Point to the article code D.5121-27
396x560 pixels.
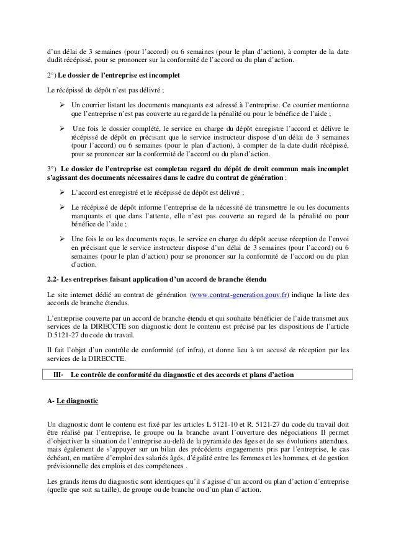click(x=66, y=336)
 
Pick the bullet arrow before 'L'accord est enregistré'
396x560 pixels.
click(x=62, y=192)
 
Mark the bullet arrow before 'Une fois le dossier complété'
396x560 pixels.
click(x=62, y=128)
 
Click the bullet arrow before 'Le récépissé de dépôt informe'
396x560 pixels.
click(x=62, y=206)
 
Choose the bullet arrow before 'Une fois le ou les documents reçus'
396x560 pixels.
click(x=62, y=238)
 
